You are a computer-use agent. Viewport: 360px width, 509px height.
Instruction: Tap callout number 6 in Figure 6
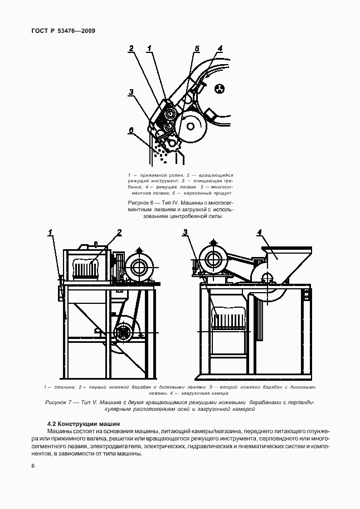click(130, 130)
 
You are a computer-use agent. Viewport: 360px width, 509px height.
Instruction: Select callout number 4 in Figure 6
click(220, 49)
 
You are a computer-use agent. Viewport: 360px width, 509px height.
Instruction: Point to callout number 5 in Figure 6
click(197, 49)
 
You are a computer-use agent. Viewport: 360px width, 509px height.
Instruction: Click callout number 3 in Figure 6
click(130, 93)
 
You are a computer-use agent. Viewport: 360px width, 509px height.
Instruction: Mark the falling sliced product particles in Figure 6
click(162, 154)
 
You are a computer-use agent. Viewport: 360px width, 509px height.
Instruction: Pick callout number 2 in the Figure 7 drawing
click(119, 232)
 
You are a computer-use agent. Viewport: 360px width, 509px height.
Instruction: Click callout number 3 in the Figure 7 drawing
click(184, 232)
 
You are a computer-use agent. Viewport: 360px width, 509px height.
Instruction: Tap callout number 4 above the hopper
click(259, 232)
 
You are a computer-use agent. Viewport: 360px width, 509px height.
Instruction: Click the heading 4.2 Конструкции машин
click(83, 424)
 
